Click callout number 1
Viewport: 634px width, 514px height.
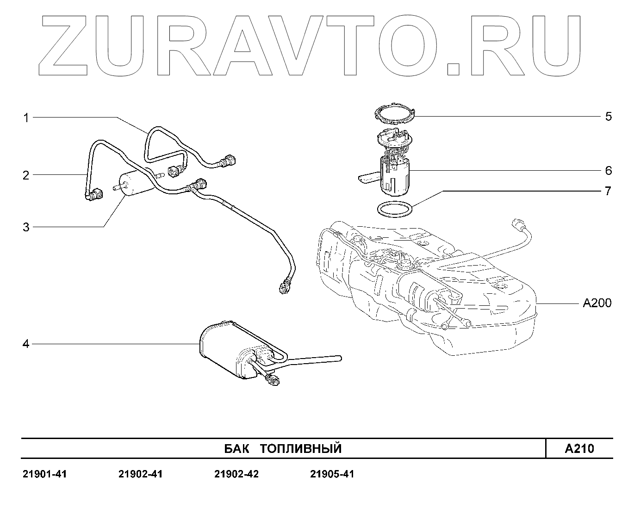(26, 118)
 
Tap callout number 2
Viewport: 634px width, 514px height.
(26, 175)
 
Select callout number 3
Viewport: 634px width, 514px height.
(26, 227)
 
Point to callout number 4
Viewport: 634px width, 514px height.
(26, 344)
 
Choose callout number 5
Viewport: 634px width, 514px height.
(609, 116)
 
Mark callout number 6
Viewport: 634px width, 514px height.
(609, 171)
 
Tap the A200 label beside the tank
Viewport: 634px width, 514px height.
(597, 303)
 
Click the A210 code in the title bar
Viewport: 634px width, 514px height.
(579, 448)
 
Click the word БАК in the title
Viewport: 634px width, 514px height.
(236, 448)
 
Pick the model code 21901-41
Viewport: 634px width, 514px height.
(44, 474)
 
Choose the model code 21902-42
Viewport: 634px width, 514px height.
(236, 474)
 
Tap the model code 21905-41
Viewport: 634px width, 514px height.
(332, 474)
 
